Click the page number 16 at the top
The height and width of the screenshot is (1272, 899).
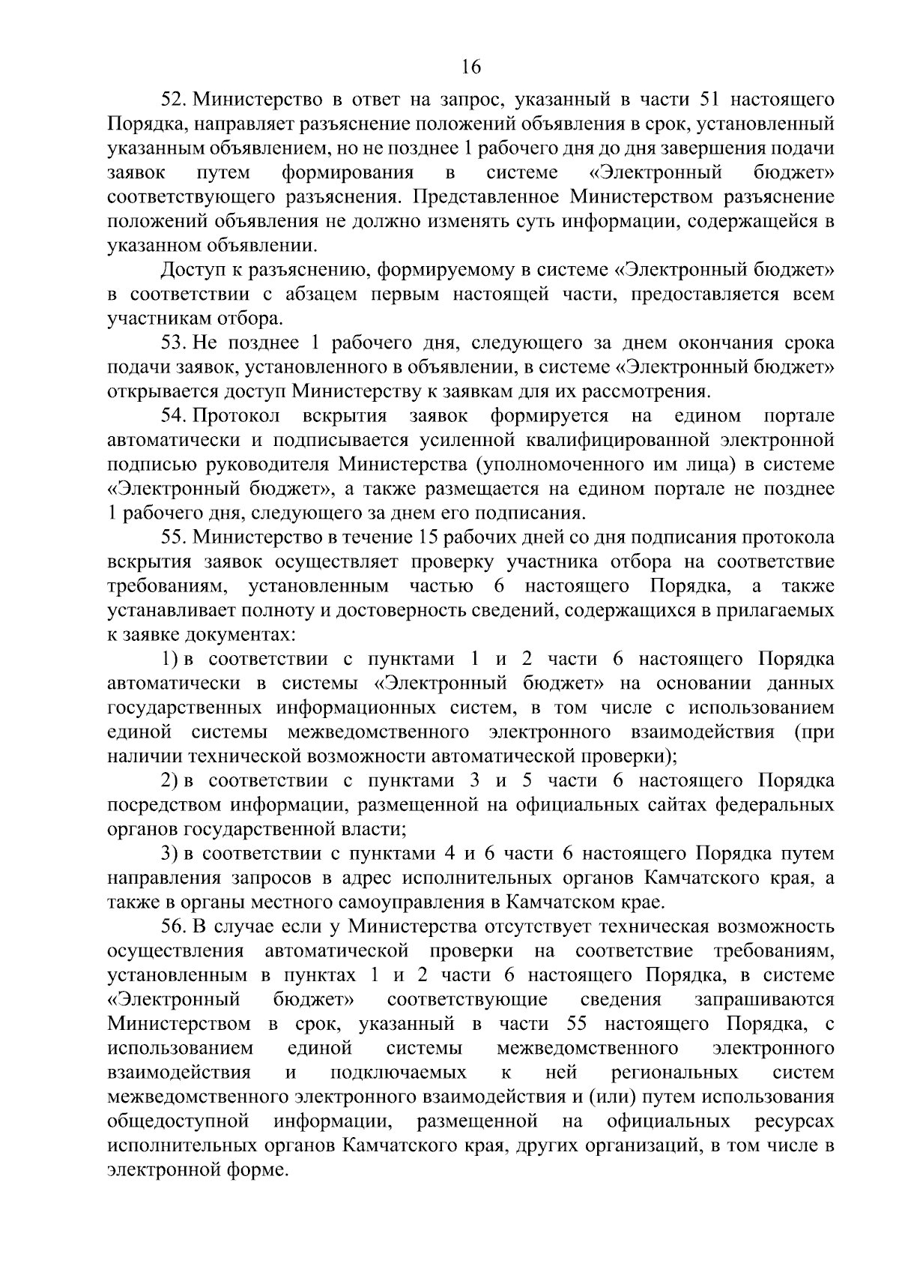(x=470, y=67)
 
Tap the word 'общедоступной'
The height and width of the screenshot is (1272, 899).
(x=178, y=1121)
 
